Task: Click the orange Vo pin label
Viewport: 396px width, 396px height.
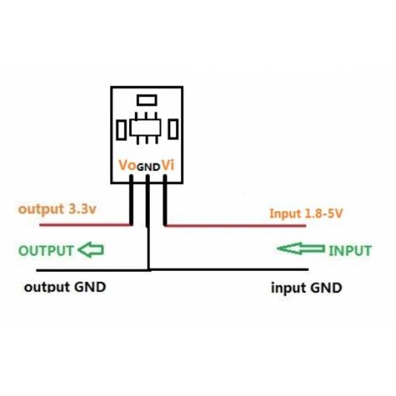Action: tap(127, 165)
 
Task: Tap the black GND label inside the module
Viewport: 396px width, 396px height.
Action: tap(148, 167)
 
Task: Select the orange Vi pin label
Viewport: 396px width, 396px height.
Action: tap(168, 165)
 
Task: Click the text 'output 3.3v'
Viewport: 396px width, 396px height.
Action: tap(57, 209)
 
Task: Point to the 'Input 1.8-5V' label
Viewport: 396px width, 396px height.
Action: tap(306, 214)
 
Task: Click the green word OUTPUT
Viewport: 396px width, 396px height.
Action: tap(46, 251)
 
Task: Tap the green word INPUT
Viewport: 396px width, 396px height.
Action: tap(350, 251)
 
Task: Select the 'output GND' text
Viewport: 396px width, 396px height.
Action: tap(65, 287)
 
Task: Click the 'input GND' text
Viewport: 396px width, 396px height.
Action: tap(307, 288)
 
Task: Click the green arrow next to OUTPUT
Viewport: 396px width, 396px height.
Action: tap(91, 250)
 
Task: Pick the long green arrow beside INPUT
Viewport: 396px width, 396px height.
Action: tap(301, 248)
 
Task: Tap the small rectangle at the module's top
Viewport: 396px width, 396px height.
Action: tap(147, 100)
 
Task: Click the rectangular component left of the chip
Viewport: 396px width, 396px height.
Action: tap(121, 130)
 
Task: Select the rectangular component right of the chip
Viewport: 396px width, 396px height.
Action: tap(173, 129)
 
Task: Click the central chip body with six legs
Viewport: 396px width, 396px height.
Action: tap(145, 127)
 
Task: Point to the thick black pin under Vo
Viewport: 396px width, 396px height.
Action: tap(131, 200)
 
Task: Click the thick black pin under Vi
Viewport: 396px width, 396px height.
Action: tap(165, 200)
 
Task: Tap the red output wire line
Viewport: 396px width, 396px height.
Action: tap(85, 225)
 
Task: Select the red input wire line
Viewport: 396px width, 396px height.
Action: tap(236, 226)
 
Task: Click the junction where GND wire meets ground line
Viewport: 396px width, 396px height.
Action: tap(148, 269)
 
